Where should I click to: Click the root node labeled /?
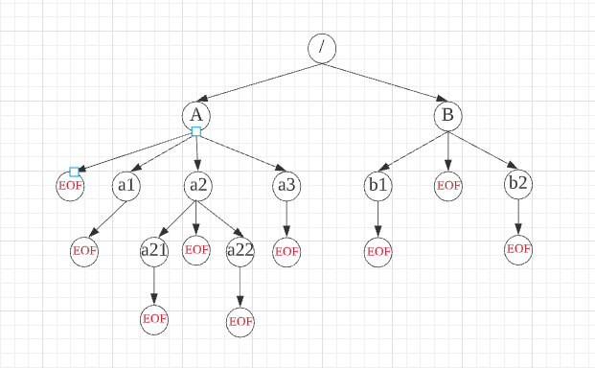(322, 48)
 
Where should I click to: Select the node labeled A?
(195, 115)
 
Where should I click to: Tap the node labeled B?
(447, 116)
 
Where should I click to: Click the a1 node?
(126, 184)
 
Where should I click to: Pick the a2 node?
(197, 184)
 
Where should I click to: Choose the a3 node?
(286, 184)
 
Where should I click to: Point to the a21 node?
(154, 250)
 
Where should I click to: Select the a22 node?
(240, 250)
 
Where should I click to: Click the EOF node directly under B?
(448, 184)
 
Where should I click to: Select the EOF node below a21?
(154, 318)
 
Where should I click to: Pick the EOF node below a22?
(240, 320)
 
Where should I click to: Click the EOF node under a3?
(286, 251)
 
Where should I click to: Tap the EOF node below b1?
(378, 251)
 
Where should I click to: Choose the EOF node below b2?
(518, 249)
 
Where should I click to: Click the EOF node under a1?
(84, 250)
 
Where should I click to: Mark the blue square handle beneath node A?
(195, 131)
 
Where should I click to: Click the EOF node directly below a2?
(196, 249)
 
